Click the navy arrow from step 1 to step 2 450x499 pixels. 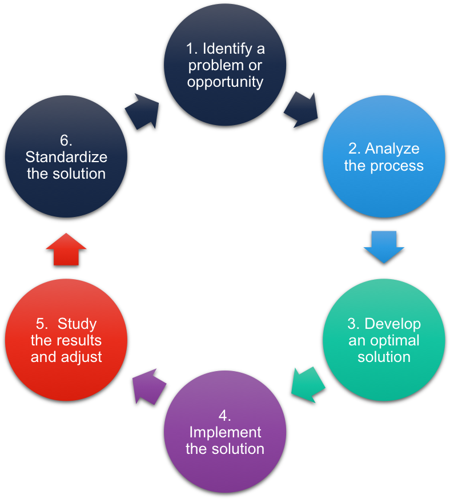click(301, 109)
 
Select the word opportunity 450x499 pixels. click(225, 82)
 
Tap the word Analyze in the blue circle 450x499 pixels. click(392, 148)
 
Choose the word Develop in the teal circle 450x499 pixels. click(392, 324)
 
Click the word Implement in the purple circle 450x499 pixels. click(225, 432)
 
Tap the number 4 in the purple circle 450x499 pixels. click(223, 415)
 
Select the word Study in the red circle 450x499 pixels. click(77, 324)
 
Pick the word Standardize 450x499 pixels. click(66, 157)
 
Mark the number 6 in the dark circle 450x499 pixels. click(65, 140)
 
